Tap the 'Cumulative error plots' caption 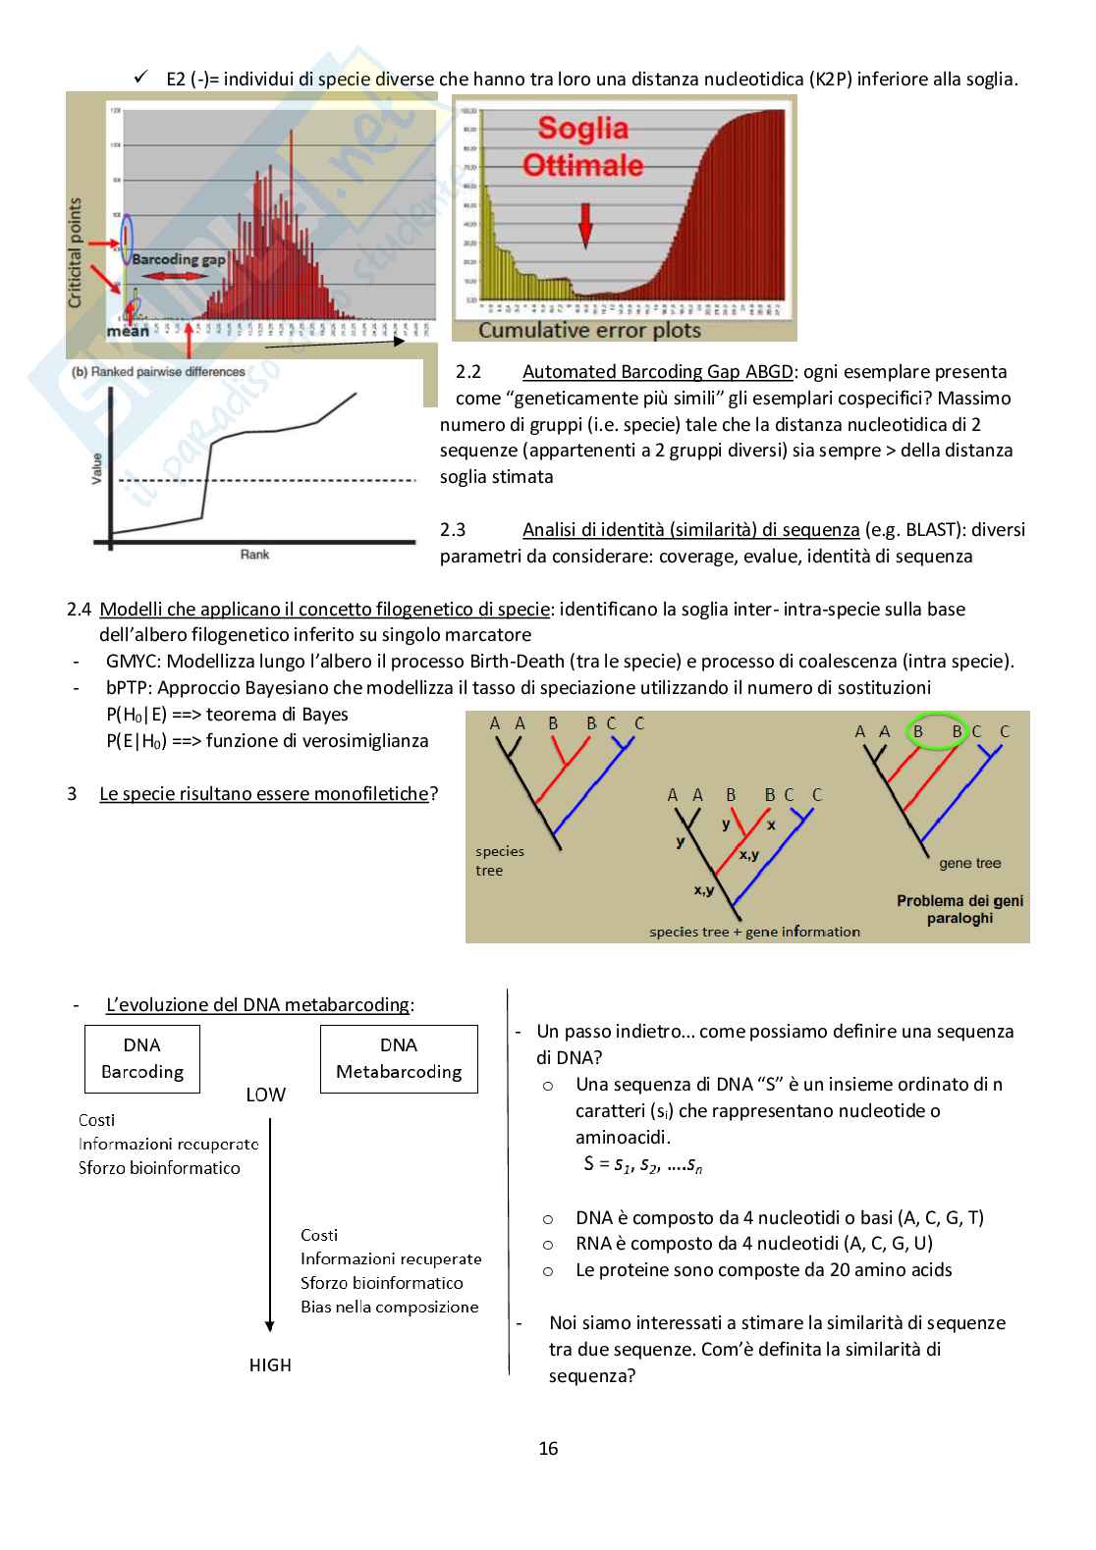click(x=589, y=331)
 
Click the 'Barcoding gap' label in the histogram click(x=178, y=259)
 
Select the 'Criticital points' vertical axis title click(x=76, y=252)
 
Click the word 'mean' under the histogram click(x=128, y=331)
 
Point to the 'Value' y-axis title click(x=96, y=467)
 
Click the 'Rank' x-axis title click(x=254, y=555)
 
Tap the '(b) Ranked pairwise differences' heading click(x=159, y=372)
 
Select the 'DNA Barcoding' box click(x=142, y=1058)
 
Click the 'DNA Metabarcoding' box click(x=399, y=1058)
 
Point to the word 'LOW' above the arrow click(x=265, y=1095)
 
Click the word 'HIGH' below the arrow click(x=270, y=1364)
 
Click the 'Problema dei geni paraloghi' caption click(x=959, y=909)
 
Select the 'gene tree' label click(x=969, y=863)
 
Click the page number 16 click(x=548, y=1448)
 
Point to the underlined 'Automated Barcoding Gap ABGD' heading click(x=657, y=371)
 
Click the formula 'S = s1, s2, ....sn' click(x=642, y=1164)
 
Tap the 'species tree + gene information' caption click(x=754, y=932)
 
